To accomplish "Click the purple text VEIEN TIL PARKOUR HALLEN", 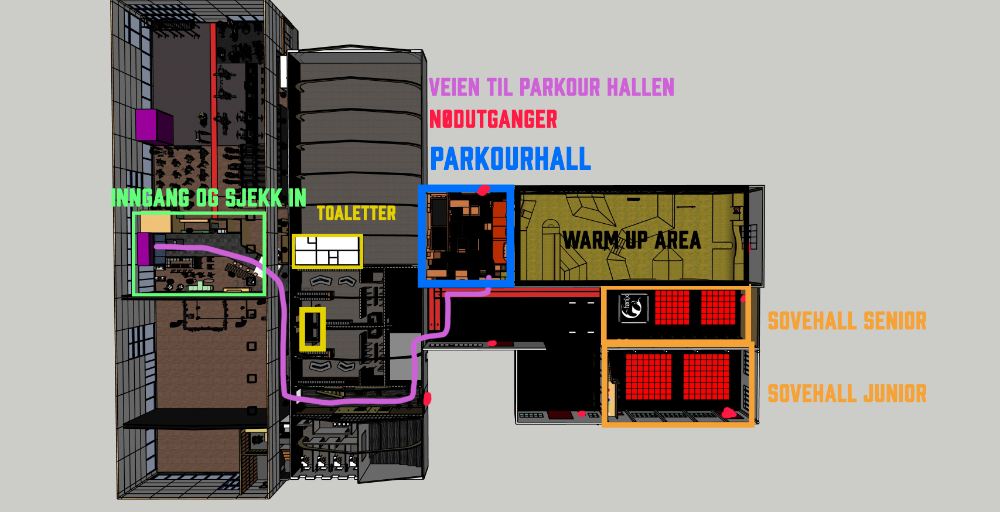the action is pos(551,87).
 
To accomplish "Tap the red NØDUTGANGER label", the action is pos(493,120).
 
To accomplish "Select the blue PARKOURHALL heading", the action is pos(510,159).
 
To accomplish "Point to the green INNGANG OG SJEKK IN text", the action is pos(209,198).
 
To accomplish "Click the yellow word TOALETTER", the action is pos(356,213).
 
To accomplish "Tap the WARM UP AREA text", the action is pos(632,240).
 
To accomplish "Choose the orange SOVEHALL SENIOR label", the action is pos(847,321).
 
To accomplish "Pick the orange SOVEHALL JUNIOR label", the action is pos(847,394).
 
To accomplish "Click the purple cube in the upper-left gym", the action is pos(154,125).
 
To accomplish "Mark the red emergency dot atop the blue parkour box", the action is pos(483,190).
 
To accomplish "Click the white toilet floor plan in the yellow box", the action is pos(327,251).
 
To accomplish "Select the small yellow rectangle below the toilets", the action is pos(312,329).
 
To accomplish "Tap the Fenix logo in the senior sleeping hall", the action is pos(633,308).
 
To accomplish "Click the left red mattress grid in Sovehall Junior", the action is pos(649,376).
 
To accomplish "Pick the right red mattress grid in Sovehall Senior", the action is pos(718,307).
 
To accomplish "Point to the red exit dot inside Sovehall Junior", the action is pos(728,413).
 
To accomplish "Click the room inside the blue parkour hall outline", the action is pos(466,235).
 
